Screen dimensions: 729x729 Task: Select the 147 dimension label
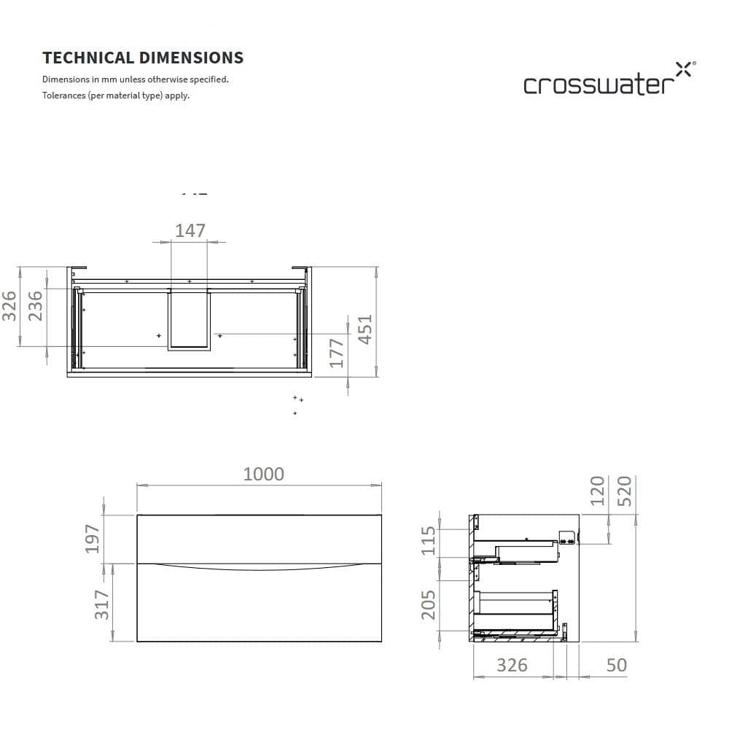coord(190,230)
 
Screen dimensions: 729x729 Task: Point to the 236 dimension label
coord(35,306)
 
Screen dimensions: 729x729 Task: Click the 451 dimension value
coord(365,330)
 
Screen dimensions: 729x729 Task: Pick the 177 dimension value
coord(337,354)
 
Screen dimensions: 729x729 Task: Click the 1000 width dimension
coord(264,475)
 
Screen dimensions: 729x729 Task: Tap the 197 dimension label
coord(93,539)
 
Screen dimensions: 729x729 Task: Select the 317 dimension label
coord(102,604)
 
